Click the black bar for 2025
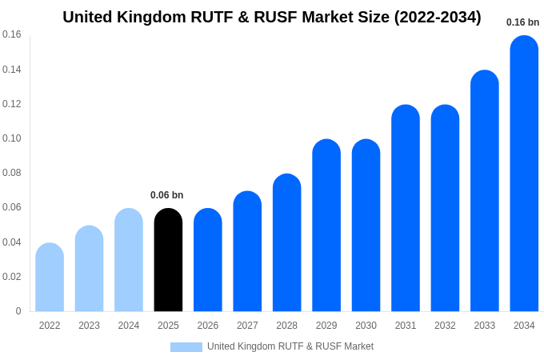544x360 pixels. click(168, 260)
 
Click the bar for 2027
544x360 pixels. click(247, 251)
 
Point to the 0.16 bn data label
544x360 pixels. click(522, 22)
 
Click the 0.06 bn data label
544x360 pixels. click(166, 195)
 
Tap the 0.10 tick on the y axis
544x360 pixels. click(11, 138)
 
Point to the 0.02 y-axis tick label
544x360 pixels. click(11, 277)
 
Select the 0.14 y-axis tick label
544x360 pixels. click(11, 70)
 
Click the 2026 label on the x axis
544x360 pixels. click(208, 326)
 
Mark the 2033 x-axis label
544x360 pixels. click(485, 326)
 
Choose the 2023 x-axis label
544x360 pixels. click(89, 326)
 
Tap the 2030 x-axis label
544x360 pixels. click(366, 326)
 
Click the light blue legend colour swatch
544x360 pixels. click(186, 347)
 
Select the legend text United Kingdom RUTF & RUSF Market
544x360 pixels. click(290, 346)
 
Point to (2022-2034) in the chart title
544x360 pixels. click(438, 17)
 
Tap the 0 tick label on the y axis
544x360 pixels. click(18, 311)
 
